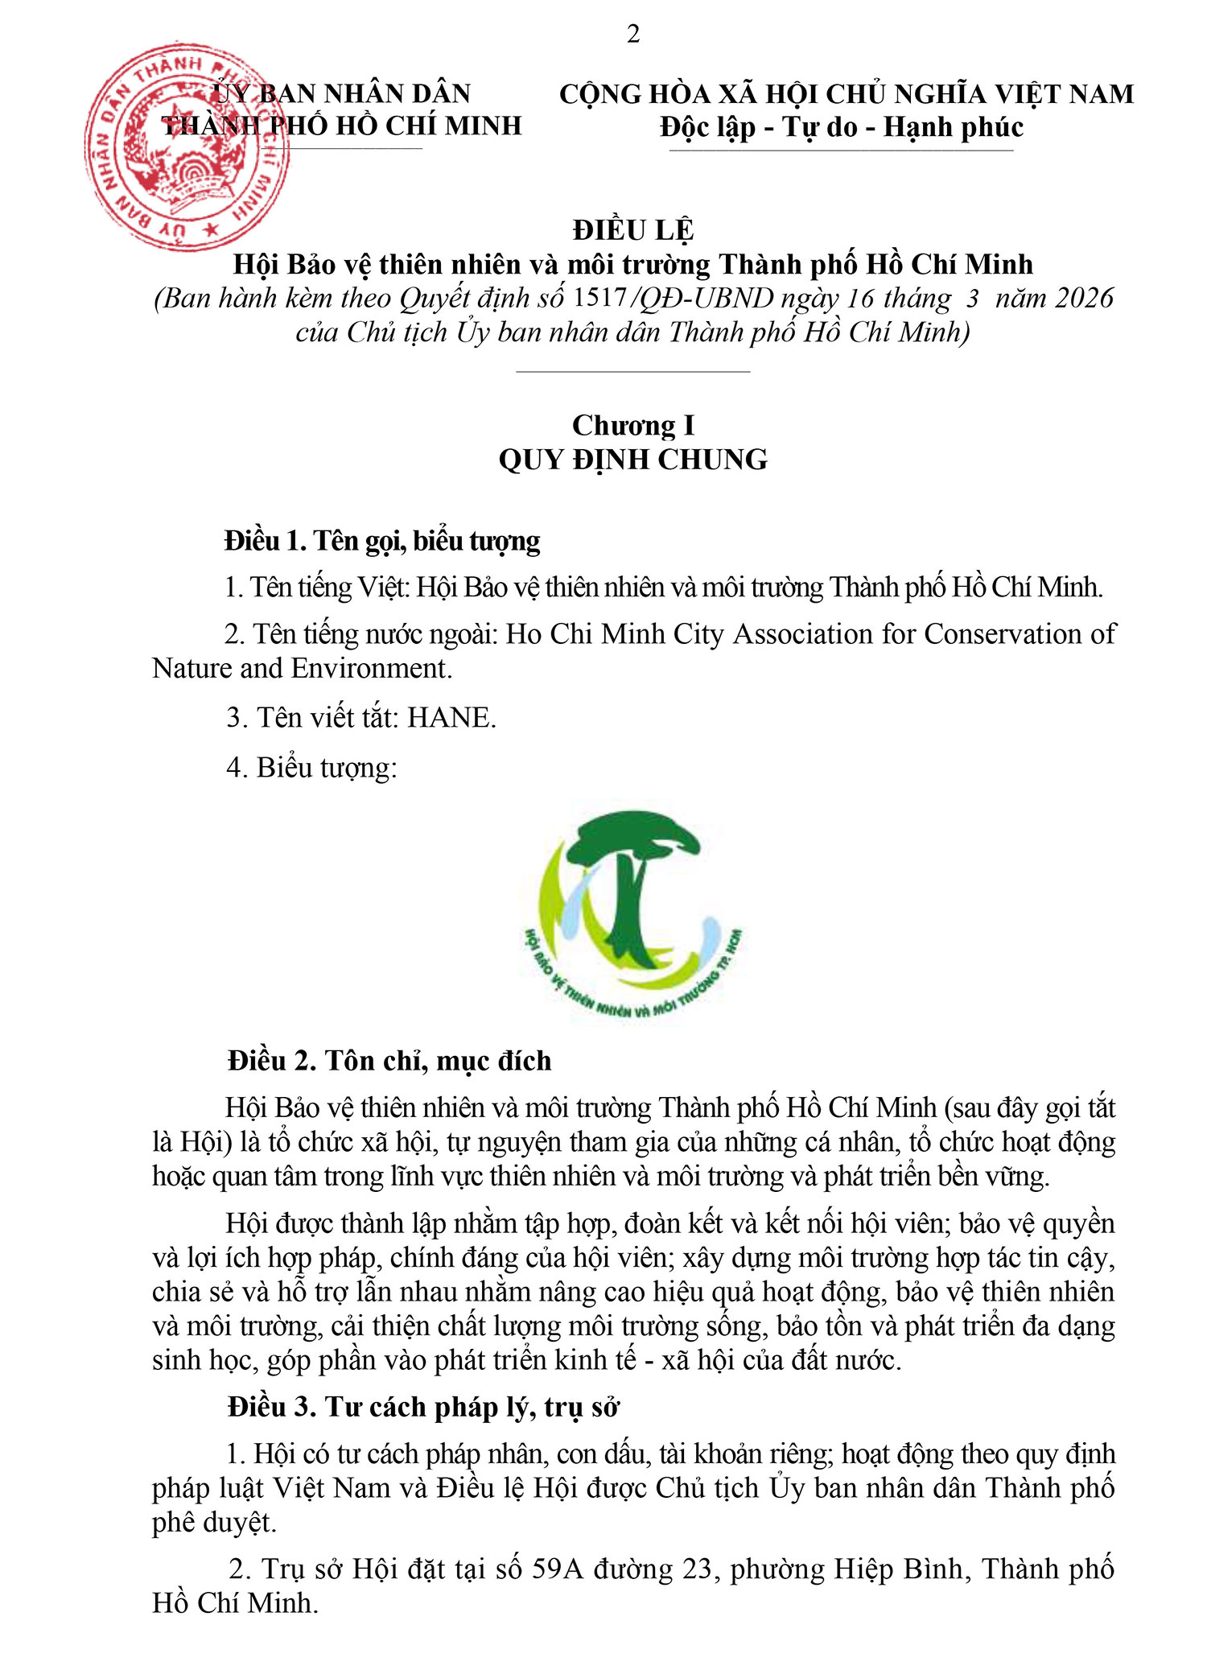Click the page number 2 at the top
pyautogui.click(x=633, y=35)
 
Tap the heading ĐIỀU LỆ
pyautogui.click(x=633, y=230)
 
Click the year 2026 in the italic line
pyautogui.click(x=1084, y=298)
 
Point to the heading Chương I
pyautogui.click(x=633, y=425)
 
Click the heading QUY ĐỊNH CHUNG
pyautogui.click(x=633, y=460)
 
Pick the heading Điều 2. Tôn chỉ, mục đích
pyautogui.click(x=389, y=1061)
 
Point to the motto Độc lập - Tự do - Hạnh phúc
pyautogui.click(x=842, y=127)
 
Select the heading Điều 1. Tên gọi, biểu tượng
pyautogui.click(x=382, y=540)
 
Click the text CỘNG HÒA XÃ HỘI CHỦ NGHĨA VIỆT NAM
pyautogui.click(x=847, y=94)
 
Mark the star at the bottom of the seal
pyautogui.click(x=212, y=230)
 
